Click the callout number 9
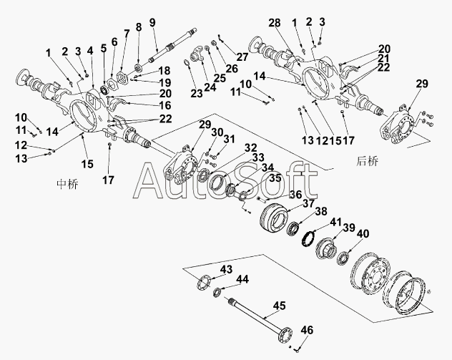click(152, 22)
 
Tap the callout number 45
click(280, 306)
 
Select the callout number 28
click(275, 22)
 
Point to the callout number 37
click(309, 203)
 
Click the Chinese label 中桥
click(67, 184)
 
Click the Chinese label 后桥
click(367, 161)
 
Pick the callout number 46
click(308, 330)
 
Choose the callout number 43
click(226, 269)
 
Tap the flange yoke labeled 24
click(197, 55)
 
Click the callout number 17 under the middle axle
click(109, 180)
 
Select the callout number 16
click(165, 106)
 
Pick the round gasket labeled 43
click(203, 282)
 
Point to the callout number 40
click(363, 233)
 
